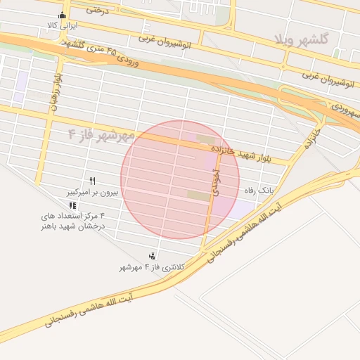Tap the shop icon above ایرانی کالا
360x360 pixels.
click(x=63, y=15)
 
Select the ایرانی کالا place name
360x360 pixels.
click(x=63, y=25)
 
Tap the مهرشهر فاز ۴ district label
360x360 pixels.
click(x=101, y=133)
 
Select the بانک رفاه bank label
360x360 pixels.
click(x=258, y=191)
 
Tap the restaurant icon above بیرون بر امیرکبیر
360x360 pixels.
click(x=92, y=181)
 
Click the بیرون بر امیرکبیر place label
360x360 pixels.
click(x=92, y=191)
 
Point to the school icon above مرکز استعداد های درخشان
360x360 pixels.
click(x=73, y=205)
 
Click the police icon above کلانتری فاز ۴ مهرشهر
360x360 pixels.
click(x=152, y=256)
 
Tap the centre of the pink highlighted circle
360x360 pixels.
click(x=180, y=179)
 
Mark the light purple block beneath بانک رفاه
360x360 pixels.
click(x=243, y=208)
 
